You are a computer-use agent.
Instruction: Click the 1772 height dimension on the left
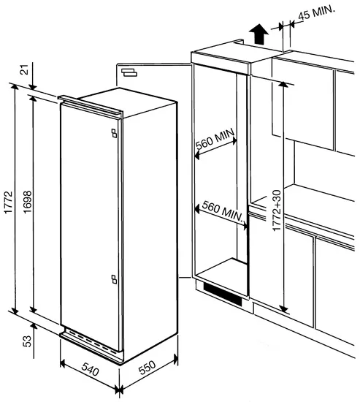coord(8,199)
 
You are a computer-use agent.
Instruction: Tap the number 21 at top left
coord(24,69)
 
